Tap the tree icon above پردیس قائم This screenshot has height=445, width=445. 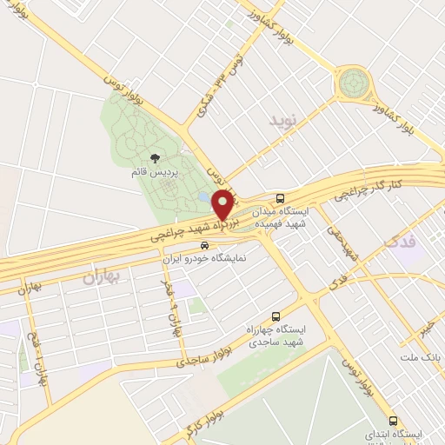(155, 158)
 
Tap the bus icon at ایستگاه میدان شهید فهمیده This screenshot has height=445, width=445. (280, 197)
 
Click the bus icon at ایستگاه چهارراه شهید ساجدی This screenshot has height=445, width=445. (276, 316)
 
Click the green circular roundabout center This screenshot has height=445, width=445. (353, 83)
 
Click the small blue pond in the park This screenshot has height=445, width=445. (203, 198)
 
